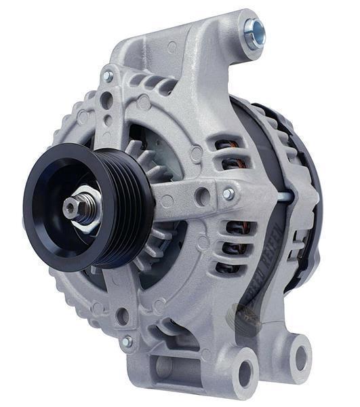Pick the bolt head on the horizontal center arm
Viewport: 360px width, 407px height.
(x=228, y=194)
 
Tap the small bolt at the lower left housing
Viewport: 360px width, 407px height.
(x=127, y=342)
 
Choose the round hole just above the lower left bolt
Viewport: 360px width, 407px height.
(x=123, y=315)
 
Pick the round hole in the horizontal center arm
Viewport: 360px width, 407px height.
(x=202, y=197)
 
